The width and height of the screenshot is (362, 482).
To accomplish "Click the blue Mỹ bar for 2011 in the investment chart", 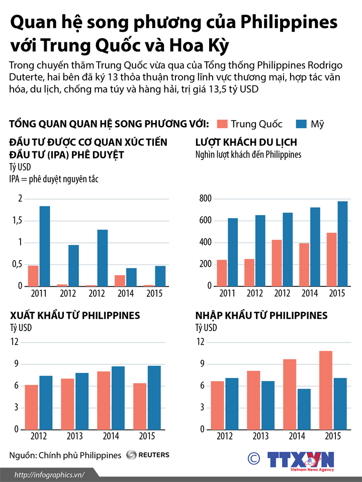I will [x=45, y=246].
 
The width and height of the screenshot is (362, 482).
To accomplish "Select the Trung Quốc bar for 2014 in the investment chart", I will [x=120, y=280].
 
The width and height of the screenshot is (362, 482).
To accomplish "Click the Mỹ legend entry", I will [x=310, y=124].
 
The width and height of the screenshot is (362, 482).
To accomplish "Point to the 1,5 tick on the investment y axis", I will [x=17, y=221].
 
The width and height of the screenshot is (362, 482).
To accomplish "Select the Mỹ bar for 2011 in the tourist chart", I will [x=233, y=252].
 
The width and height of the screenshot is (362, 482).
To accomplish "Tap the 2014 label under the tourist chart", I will [x=310, y=293].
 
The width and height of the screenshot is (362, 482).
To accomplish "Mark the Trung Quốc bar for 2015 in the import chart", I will [x=326, y=390].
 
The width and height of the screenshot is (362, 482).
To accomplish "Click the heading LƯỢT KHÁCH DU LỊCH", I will [x=246, y=142].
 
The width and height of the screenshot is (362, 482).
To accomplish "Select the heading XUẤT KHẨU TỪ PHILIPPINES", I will [x=75, y=316].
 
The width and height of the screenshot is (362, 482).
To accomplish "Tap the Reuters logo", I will [x=148, y=455].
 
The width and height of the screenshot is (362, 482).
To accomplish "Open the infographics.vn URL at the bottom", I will [x=49, y=474].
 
